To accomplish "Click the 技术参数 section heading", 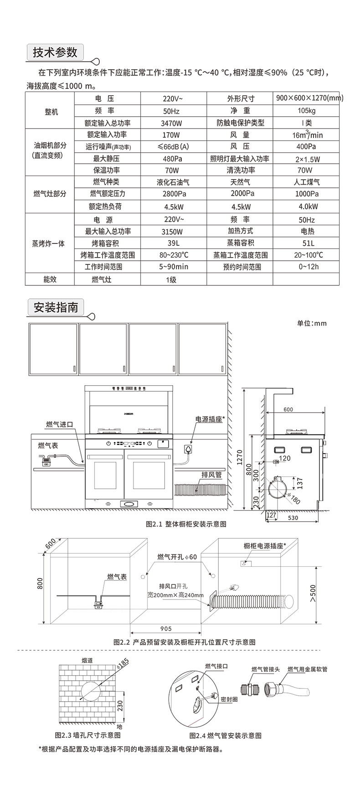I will pyautogui.click(x=55, y=52).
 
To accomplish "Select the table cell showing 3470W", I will pyautogui.click(x=172, y=123).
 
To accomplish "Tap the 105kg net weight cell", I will pyautogui.click(x=306, y=111).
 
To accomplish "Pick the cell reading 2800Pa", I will pyautogui.click(x=173, y=194).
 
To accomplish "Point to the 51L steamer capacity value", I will pyautogui.click(x=307, y=243).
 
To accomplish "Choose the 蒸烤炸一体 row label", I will pyautogui.click(x=49, y=243).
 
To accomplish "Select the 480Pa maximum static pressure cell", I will pyautogui.click(x=172, y=159).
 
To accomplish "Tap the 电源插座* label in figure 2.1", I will pyautogui.click(x=210, y=419).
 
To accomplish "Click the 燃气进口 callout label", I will pyautogui.click(x=59, y=424).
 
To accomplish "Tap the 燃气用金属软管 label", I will pyautogui.click(x=307, y=670).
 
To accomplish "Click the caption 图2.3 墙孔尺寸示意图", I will pyautogui.click(x=87, y=735).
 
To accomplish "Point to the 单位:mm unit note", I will pyautogui.click(x=312, y=323).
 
